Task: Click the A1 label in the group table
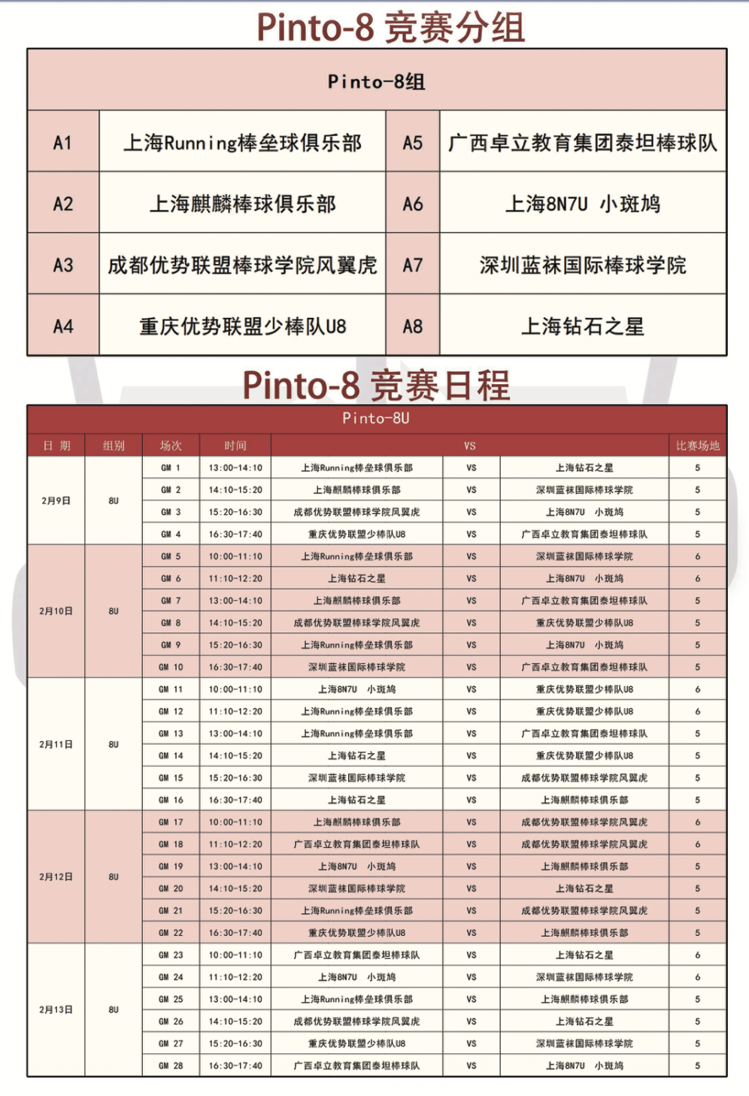63,142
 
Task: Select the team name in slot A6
583,204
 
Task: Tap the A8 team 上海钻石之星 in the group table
583,326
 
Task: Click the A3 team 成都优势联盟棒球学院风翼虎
242,265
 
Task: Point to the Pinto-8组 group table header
377,81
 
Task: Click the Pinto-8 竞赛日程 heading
376,386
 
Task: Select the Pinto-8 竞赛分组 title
390,28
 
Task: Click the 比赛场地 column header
697,446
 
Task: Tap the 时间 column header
235,446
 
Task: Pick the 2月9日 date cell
56,501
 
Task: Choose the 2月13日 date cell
56,1010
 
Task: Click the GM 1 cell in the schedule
171,468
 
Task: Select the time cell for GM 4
235,534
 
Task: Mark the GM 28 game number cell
171,1065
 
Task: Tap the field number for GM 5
697,556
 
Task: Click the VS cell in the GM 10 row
471,667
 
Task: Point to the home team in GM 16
356,800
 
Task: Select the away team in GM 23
584,955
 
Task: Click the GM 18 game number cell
171,844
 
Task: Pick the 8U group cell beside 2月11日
114,744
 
